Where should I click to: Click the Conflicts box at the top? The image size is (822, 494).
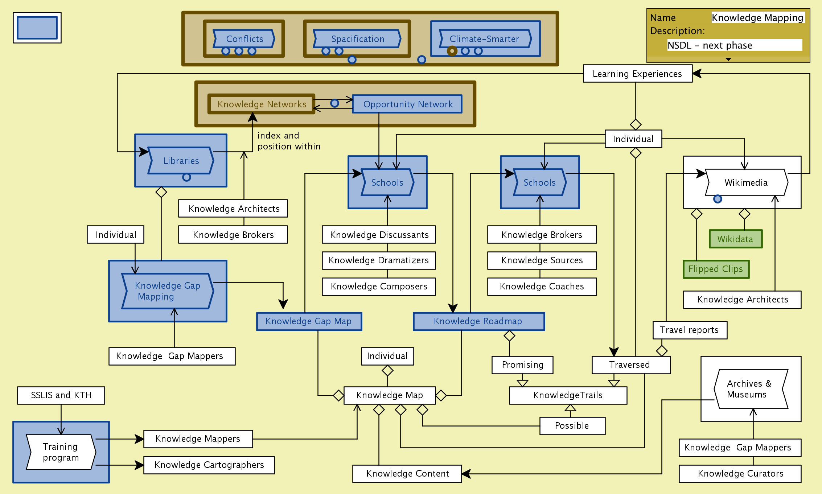(x=244, y=39)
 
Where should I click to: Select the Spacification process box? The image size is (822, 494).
(x=357, y=39)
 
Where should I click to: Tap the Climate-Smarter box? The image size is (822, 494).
(x=485, y=39)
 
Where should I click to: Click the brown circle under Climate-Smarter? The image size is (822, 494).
(x=452, y=51)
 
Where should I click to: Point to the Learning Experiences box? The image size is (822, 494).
(x=637, y=74)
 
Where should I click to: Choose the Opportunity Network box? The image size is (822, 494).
(x=407, y=104)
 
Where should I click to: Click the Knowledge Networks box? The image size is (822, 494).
(x=262, y=104)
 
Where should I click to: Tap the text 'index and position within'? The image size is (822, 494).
(x=289, y=141)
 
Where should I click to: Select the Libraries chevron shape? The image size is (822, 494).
(x=181, y=161)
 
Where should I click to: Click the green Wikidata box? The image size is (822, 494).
(x=736, y=239)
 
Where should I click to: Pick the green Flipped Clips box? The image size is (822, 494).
(x=716, y=269)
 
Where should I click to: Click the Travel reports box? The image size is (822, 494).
(x=690, y=330)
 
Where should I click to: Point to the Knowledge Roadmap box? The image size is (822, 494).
(x=478, y=321)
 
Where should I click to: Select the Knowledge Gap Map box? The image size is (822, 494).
(x=309, y=321)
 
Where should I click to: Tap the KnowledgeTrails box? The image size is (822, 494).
(x=568, y=395)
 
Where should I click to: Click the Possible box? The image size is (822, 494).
(x=572, y=426)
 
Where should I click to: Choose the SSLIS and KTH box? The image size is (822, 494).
(x=61, y=395)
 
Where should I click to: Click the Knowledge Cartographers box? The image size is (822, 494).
(x=209, y=465)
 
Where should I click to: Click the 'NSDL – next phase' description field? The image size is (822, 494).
(x=734, y=45)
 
